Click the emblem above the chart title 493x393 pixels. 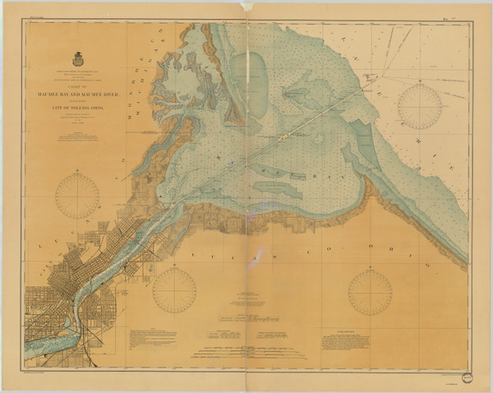79,59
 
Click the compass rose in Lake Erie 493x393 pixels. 419,106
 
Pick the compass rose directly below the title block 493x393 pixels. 77,196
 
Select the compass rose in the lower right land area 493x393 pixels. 370,292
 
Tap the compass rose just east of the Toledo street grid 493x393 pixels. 174,289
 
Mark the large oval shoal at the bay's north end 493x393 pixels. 247,78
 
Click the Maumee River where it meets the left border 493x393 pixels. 28,345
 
